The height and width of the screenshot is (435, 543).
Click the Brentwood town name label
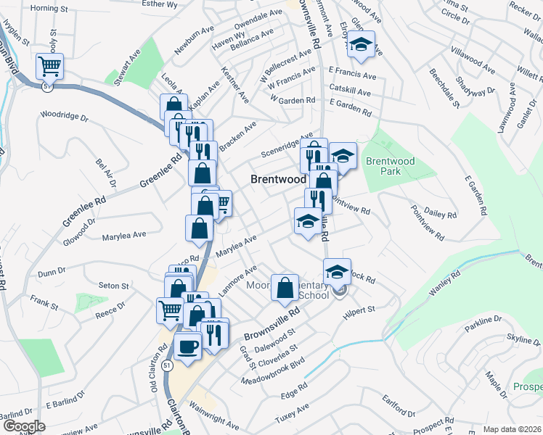[x=278, y=178]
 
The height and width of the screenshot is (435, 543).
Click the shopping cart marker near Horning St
[x=50, y=66]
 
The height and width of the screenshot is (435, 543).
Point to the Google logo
[x=23, y=426]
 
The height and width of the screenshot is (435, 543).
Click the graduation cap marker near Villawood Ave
[x=360, y=45]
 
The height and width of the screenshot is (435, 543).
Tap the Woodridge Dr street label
[x=64, y=115]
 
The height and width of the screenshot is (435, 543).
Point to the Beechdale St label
[x=444, y=89]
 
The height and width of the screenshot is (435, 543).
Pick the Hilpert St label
[x=359, y=310]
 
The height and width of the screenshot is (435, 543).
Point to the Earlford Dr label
[x=398, y=408]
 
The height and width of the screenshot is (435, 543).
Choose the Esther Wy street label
[x=160, y=4]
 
